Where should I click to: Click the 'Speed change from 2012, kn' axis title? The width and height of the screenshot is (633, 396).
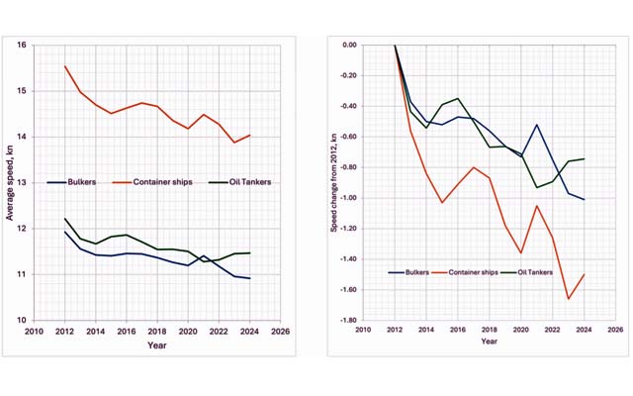click(x=336, y=183)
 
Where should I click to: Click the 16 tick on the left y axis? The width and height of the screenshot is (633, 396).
click(x=23, y=46)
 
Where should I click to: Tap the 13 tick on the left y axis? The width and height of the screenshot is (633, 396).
click(x=23, y=183)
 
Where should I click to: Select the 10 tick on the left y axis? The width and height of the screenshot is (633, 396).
click(x=23, y=320)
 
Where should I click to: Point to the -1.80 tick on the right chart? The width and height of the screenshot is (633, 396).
click(x=348, y=320)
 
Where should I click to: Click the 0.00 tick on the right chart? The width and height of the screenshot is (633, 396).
click(x=349, y=46)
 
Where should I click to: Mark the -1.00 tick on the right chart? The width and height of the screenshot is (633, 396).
click(x=348, y=198)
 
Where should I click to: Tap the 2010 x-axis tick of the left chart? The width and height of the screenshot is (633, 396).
click(x=36, y=332)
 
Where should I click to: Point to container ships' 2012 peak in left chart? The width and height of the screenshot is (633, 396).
click(x=65, y=66)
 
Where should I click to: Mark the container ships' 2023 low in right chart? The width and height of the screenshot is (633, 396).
click(x=569, y=299)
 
